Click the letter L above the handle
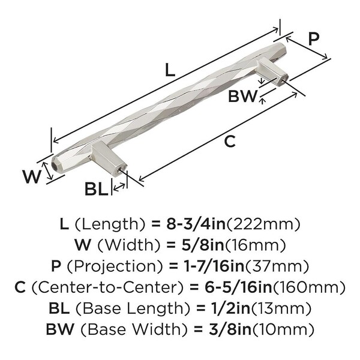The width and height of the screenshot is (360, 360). coord(170,70)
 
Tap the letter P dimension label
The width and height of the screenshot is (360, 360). coord(313,38)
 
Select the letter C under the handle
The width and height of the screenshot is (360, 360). coord(230,141)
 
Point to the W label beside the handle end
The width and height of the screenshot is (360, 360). coord(32,176)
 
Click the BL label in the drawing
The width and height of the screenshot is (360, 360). coord(97,189)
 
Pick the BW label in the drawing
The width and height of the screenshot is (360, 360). coord(242,96)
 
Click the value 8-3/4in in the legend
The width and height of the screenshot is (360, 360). coord(196,224)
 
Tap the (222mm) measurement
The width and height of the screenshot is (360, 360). coord(263,224)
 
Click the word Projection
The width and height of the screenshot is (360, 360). coord(115,266)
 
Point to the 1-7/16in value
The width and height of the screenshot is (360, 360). coord(214,266)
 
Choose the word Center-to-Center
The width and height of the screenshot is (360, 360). coord(107,287)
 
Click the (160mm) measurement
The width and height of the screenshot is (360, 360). coord(309,287)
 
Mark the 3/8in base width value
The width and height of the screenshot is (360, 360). coord(230,329)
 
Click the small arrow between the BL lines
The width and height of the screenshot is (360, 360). coord(119,187)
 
